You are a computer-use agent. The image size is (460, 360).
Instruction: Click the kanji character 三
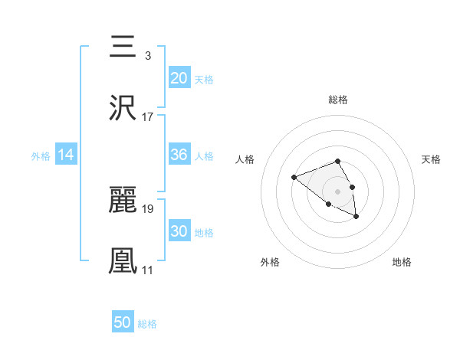123,47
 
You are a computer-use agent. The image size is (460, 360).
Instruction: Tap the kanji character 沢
123,108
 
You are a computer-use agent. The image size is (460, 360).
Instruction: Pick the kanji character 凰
123,261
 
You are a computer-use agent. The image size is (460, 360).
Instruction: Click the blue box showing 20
179,78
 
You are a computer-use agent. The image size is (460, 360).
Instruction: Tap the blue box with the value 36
179,155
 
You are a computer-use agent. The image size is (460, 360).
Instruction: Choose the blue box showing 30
179,231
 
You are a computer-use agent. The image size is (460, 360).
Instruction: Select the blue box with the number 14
66,155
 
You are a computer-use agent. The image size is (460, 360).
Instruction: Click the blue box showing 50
123,322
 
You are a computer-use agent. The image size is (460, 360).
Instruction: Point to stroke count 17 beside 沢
148,117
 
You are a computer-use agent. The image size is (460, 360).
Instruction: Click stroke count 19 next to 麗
148,208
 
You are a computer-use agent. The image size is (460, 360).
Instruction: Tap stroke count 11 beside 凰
148,270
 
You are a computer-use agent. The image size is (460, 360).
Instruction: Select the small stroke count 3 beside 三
147,56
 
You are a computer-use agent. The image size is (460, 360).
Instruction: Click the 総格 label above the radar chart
338,100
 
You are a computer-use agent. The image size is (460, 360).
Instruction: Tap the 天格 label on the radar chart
431,159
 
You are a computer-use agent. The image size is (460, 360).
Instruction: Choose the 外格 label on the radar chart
270,262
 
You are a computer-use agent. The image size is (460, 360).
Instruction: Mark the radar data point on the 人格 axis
294,178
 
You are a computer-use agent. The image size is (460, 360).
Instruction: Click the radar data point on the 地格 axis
356,218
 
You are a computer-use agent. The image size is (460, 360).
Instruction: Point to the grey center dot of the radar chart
338,191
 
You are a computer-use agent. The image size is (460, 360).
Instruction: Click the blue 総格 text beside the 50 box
147,324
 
